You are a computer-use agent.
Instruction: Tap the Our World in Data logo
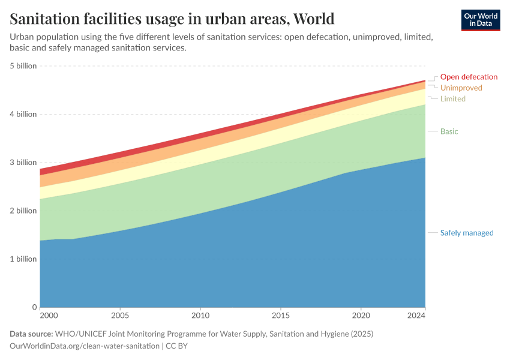coord(481,20)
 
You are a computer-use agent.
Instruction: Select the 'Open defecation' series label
coord(469,77)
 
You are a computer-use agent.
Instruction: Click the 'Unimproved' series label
coord(461,88)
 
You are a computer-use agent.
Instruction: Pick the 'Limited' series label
coord(452,98)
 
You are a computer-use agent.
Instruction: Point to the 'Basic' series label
coord(449,131)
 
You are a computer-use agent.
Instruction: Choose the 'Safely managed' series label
coord(466,233)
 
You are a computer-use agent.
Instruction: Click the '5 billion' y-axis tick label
coord(23,66)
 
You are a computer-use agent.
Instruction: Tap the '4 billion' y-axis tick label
coord(23,114)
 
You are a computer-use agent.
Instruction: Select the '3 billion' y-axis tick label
coord(23,163)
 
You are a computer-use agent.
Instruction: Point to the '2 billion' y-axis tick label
coord(23,211)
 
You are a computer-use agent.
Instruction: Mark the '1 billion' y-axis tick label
coord(23,259)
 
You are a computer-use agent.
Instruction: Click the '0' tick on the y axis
coord(34,307)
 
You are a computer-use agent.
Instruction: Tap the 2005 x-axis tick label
coord(120,315)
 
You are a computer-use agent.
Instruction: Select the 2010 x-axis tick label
coord(200,315)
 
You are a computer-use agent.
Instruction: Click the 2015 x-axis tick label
coord(280,315)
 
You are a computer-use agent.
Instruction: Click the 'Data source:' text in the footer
coord(31,334)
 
